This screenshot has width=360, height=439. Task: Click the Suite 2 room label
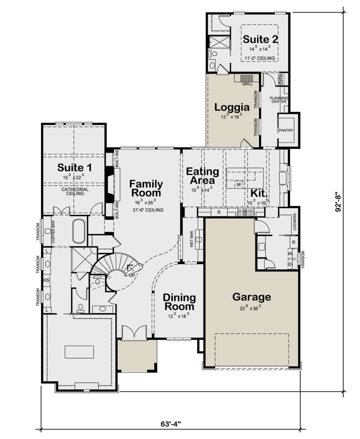[x=260, y=39]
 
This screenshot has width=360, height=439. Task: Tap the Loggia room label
[x=232, y=107]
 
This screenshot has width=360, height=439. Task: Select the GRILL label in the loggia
[x=247, y=84]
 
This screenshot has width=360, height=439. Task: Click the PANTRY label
[x=286, y=130]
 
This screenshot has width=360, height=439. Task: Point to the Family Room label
[x=146, y=188]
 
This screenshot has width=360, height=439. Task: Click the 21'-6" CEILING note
[x=148, y=210]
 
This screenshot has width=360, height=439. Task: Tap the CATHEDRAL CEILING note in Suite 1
[x=75, y=191]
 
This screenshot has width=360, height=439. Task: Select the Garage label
[x=252, y=297]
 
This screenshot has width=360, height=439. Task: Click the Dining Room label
[x=179, y=302]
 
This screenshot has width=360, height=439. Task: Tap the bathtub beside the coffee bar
[x=79, y=232]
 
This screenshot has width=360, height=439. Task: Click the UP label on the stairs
[x=132, y=275]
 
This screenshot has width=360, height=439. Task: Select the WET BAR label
[x=192, y=239]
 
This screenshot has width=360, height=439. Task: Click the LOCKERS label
[x=295, y=222]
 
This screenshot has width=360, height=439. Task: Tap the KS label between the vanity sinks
[x=46, y=280]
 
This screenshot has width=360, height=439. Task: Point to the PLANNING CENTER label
[x=279, y=100]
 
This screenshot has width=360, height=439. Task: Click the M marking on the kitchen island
[x=239, y=185]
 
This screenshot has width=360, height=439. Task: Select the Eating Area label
[x=202, y=176]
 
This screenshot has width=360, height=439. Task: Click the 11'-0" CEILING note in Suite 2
[x=259, y=58]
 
